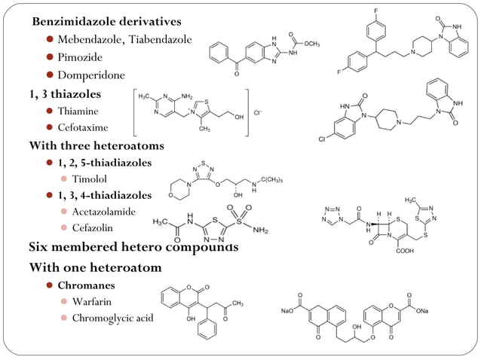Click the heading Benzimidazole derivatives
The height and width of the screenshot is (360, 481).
tap(106, 20)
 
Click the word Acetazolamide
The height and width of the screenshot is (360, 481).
tap(104, 212)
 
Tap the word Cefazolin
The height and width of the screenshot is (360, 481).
tap(93, 227)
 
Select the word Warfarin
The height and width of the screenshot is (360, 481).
tap(93, 301)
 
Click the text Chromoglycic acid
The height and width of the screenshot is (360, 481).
tap(112, 318)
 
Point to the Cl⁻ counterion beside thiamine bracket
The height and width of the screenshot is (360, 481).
tap(258, 113)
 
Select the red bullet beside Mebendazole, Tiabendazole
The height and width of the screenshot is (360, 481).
tap(51, 39)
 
